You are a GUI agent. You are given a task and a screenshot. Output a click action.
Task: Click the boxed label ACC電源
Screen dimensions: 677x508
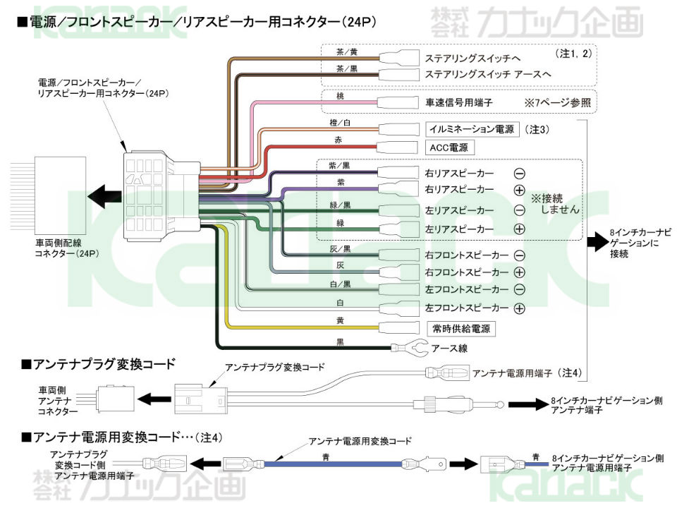point(449,147)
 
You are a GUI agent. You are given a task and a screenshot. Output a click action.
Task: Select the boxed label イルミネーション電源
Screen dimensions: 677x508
point(472,129)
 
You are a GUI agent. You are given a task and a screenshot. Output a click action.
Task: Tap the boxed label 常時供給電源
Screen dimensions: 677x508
point(461,329)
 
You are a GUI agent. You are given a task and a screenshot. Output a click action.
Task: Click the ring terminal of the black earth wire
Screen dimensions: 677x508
point(410,347)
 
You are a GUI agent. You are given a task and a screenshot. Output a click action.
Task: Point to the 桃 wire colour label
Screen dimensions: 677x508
point(340,96)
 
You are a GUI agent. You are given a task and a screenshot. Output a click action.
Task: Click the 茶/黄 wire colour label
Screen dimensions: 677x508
point(347,52)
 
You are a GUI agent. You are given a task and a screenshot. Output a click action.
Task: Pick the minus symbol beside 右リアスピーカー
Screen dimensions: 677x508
point(520,174)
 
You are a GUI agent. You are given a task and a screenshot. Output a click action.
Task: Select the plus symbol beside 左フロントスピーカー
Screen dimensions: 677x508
point(520,308)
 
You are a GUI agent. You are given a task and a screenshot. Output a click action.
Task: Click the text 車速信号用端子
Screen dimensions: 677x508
point(458,103)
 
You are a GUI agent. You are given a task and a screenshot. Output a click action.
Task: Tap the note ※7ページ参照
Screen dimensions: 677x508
point(557,103)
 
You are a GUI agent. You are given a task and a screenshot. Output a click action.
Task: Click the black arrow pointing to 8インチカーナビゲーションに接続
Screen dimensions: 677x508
point(597,242)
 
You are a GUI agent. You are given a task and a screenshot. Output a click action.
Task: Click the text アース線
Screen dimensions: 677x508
point(449,348)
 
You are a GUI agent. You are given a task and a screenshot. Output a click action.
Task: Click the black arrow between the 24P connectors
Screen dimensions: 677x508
point(104,196)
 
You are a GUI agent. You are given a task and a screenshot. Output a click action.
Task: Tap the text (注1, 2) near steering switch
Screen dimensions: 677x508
point(573,54)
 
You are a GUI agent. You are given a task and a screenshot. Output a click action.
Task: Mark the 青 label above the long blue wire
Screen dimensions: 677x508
point(326,456)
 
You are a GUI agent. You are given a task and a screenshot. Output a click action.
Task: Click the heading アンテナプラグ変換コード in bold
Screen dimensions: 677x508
point(99,364)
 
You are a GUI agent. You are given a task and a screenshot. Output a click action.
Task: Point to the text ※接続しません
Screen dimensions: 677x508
point(554,204)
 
